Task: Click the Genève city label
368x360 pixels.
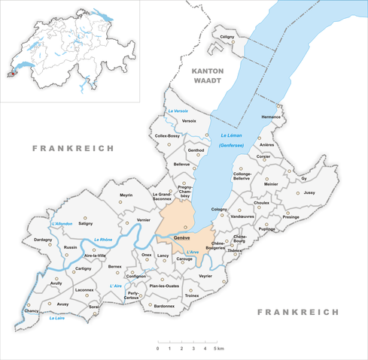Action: click(181, 238)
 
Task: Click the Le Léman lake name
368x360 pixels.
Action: click(233, 135)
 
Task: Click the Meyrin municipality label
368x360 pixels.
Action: click(126, 195)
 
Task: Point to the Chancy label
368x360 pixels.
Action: click(31, 310)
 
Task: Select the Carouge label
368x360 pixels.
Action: click(184, 259)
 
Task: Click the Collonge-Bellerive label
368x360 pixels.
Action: click(242, 175)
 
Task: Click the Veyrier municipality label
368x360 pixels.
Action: click(206, 277)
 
